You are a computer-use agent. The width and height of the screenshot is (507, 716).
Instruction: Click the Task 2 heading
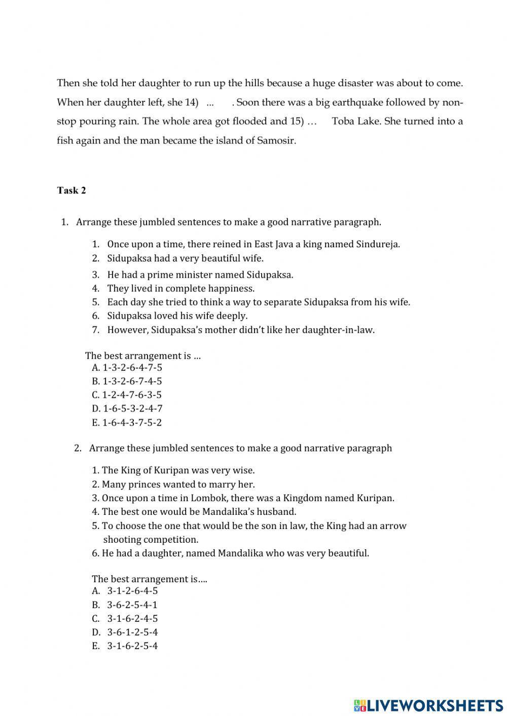click(x=71, y=191)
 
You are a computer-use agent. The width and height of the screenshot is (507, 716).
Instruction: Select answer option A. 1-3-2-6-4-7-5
click(x=127, y=367)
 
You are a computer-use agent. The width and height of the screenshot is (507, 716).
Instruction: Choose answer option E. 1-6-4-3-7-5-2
click(x=127, y=423)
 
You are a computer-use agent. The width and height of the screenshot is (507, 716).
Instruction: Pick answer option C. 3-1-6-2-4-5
click(x=125, y=618)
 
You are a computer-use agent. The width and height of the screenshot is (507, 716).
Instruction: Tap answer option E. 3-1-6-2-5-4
click(x=125, y=646)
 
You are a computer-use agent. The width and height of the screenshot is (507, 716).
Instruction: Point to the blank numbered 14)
click(x=210, y=103)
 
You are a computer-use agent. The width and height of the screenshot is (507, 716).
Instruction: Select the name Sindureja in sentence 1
click(x=378, y=244)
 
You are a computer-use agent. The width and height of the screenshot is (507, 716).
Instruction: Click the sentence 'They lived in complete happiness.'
click(x=181, y=288)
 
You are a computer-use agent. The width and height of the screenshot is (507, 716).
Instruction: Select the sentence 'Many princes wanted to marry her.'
click(x=178, y=484)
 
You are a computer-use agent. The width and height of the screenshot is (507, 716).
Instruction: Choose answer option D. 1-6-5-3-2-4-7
click(x=127, y=408)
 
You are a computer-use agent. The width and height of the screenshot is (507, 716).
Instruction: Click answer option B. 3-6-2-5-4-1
click(x=125, y=605)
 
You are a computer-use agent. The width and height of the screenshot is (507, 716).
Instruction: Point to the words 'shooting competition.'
click(x=151, y=540)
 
